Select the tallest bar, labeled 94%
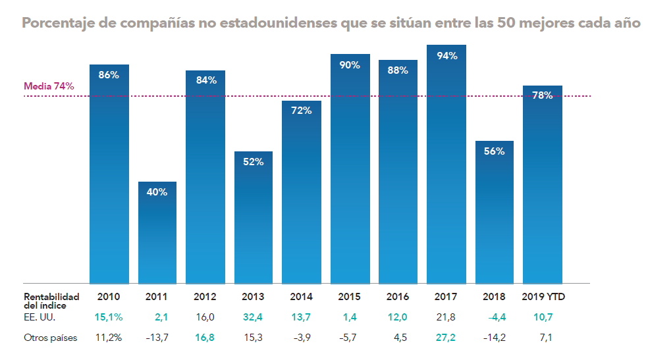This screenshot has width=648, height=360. (x=446, y=165)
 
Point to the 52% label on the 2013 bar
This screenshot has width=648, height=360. (x=253, y=162)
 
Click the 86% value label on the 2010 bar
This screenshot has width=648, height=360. (x=109, y=75)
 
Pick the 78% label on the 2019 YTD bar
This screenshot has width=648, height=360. (x=542, y=95)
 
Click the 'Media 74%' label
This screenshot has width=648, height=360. (x=49, y=86)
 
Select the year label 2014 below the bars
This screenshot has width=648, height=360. (x=301, y=297)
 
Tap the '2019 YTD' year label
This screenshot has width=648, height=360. (x=543, y=297)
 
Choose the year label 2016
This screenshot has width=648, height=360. (x=398, y=297)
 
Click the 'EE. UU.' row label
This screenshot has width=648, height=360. (x=39, y=317)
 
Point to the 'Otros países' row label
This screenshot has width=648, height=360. (x=51, y=338)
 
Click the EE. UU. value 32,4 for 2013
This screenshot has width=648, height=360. (x=254, y=317)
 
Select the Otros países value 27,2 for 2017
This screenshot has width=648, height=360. (x=446, y=338)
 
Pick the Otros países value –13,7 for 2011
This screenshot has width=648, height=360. (x=156, y=338)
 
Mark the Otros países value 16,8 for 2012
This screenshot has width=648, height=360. (x=205, y=338)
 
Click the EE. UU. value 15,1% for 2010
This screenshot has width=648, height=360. (x=109, y=317)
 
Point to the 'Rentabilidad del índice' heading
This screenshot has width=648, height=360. (x=51, y=301)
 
